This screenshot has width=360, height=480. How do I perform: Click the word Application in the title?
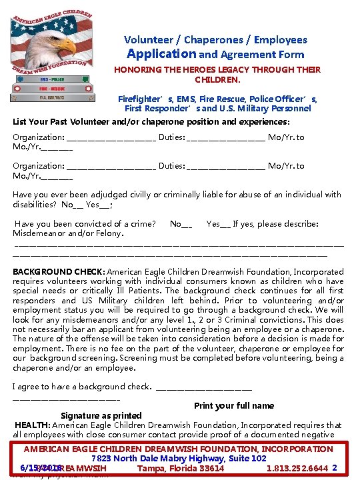point(161,54)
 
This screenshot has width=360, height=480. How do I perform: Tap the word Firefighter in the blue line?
point(141,98)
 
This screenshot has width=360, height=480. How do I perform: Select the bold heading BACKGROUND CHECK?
point(59,272)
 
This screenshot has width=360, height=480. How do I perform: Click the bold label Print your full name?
point(234,405)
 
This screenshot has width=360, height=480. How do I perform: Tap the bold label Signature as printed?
point(101,415)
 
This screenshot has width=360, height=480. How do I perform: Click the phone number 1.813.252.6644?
point(297,468)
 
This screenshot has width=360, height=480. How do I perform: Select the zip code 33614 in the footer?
point(211,468)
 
